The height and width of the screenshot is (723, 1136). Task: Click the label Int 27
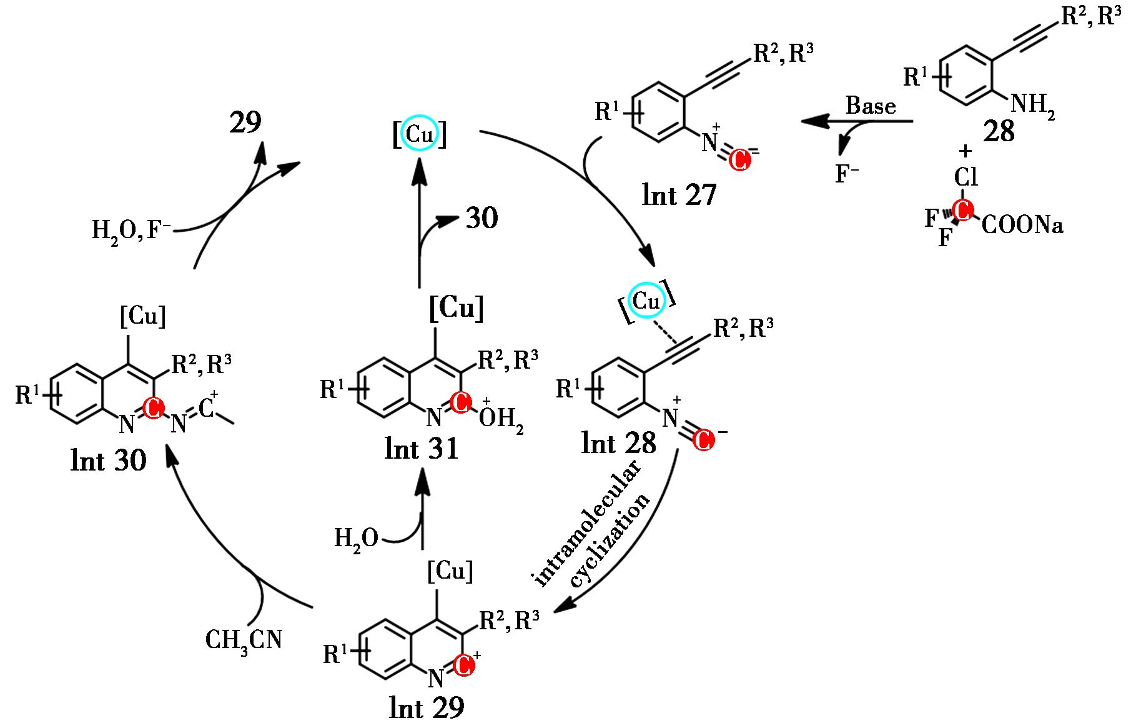pyautogui.click(x=679, y=195)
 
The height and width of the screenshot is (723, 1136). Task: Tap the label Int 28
pyautogui.click(x=619, y=442)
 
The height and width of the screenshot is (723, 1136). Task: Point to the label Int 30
pyautogui.click(x=109, y=460)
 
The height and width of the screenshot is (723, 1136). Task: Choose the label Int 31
pyautogui.click(x=422, y=449)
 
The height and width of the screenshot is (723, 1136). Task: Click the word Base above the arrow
pyautogui.click(x=871, y=106)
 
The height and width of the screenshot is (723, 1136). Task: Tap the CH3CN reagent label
pyautogui.click(x=244, y=639)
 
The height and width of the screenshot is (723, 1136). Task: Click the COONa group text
pyautogui.click(x=1022, y=225)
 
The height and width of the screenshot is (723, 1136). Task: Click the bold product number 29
pyautogui.click(x=245, y=123)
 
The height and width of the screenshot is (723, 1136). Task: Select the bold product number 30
pyautogui.click(x=482, y=218)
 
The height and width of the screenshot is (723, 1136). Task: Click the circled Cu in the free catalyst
pyautogui.click(x=419, y=133)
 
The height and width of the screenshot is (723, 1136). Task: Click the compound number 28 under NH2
pyautogui.click(x=998, y=132)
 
